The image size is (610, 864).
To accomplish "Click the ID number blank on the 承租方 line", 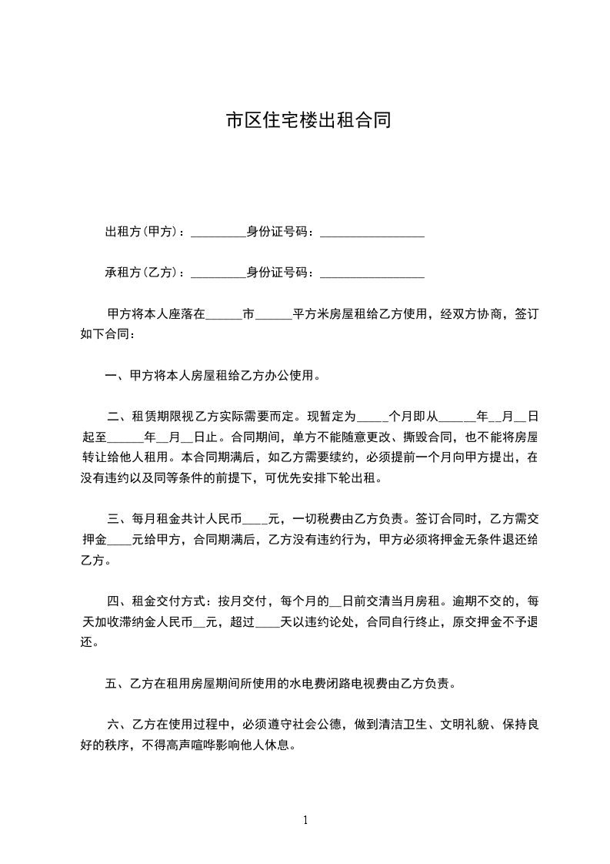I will click(372, 273).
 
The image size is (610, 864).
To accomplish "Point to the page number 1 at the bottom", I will click(305, 819).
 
